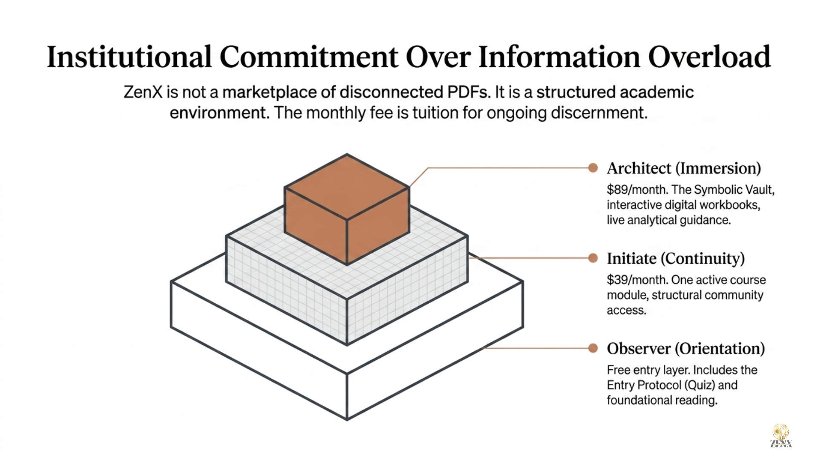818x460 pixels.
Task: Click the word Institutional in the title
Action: click(129, 57)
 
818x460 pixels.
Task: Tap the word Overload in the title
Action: click(709, 57)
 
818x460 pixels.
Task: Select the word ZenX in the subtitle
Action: click(143, 92)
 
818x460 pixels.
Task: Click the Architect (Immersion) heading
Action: click(684, 168)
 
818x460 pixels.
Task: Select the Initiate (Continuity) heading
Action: click(676, 259)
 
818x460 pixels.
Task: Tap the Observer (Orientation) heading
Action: click(686, 349)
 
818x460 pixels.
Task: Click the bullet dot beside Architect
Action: click(593, 168)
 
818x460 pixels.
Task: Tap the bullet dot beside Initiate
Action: click(593, 258)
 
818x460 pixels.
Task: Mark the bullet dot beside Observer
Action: click(593, 348)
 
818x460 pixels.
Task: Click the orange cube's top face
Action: click(347, 187)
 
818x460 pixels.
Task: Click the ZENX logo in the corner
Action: click(781, 436)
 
